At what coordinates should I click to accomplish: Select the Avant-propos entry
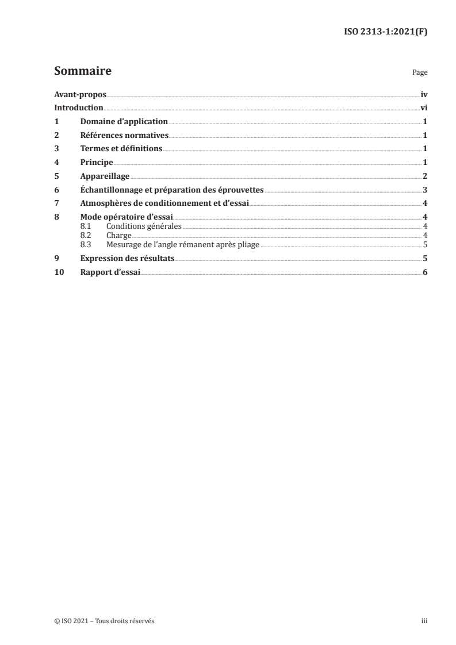[80, 94]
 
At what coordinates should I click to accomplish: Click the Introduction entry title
[79, 108]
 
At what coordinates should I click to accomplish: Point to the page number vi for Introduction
[423, 108]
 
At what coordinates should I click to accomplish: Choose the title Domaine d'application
[124, 122]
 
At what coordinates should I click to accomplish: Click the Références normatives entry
[124, 135]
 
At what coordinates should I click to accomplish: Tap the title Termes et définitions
[121, 149]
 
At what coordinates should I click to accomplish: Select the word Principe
[97, 162]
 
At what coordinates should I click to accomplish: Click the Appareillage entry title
[105, 176]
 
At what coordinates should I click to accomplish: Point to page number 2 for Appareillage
[424, 176]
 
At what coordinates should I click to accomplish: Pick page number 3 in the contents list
[424, 189]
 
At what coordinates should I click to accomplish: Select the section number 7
[56, 203]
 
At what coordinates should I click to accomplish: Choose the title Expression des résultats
[128, 259]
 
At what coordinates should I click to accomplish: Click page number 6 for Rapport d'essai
[424, 272]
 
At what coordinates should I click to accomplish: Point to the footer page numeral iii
[424, 621]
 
